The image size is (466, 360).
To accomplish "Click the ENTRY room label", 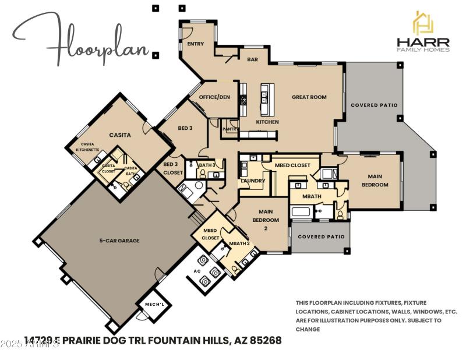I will pyautogui.click(x=195, y=44).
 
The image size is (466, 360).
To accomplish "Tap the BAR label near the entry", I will pyautogui.click(x=252, y=59).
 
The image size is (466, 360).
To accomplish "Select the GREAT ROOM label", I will pyautogui.click(x=309, y=97).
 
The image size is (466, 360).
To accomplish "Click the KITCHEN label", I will pyautogui.click(x=267, y=122).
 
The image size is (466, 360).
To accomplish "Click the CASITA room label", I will pyautogui.click(x=119, y=135).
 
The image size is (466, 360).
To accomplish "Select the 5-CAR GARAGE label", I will pyautogui.click(x=119, y=240).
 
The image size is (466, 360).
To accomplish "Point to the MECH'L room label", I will pyautogui.click(x=151, y=305).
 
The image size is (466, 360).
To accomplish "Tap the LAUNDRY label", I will pyautogui.click(x=253, y=181).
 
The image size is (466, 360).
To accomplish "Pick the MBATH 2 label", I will pyautogui.click(x=239, y=243).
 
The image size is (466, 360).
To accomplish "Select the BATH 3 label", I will pyautogui.click(x=207, y=165).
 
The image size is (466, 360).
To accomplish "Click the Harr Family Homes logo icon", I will pyautogui.click(x=423, y=23).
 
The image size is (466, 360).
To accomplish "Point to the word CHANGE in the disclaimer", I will pyautogui.click(x=308, y=329).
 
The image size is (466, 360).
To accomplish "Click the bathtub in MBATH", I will pyautogui.click(x=301, y=212).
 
